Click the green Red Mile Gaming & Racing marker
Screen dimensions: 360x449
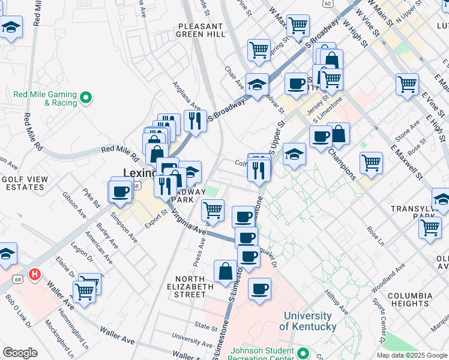[86, 96]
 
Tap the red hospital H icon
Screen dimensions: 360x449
[35, 274]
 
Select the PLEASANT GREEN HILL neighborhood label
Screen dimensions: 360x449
[200, 31]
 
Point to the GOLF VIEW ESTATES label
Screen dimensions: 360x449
[23, 183]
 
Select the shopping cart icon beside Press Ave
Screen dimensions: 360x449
[213, 209]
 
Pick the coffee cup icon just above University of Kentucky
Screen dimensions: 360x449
[260, 289]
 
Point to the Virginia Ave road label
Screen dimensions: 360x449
[188, 223]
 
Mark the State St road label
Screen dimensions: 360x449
[206, 328]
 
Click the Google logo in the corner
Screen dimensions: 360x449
[20, 353]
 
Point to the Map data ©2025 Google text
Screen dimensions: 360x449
[412, 355]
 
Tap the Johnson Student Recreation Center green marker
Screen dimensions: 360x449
[303, 353]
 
